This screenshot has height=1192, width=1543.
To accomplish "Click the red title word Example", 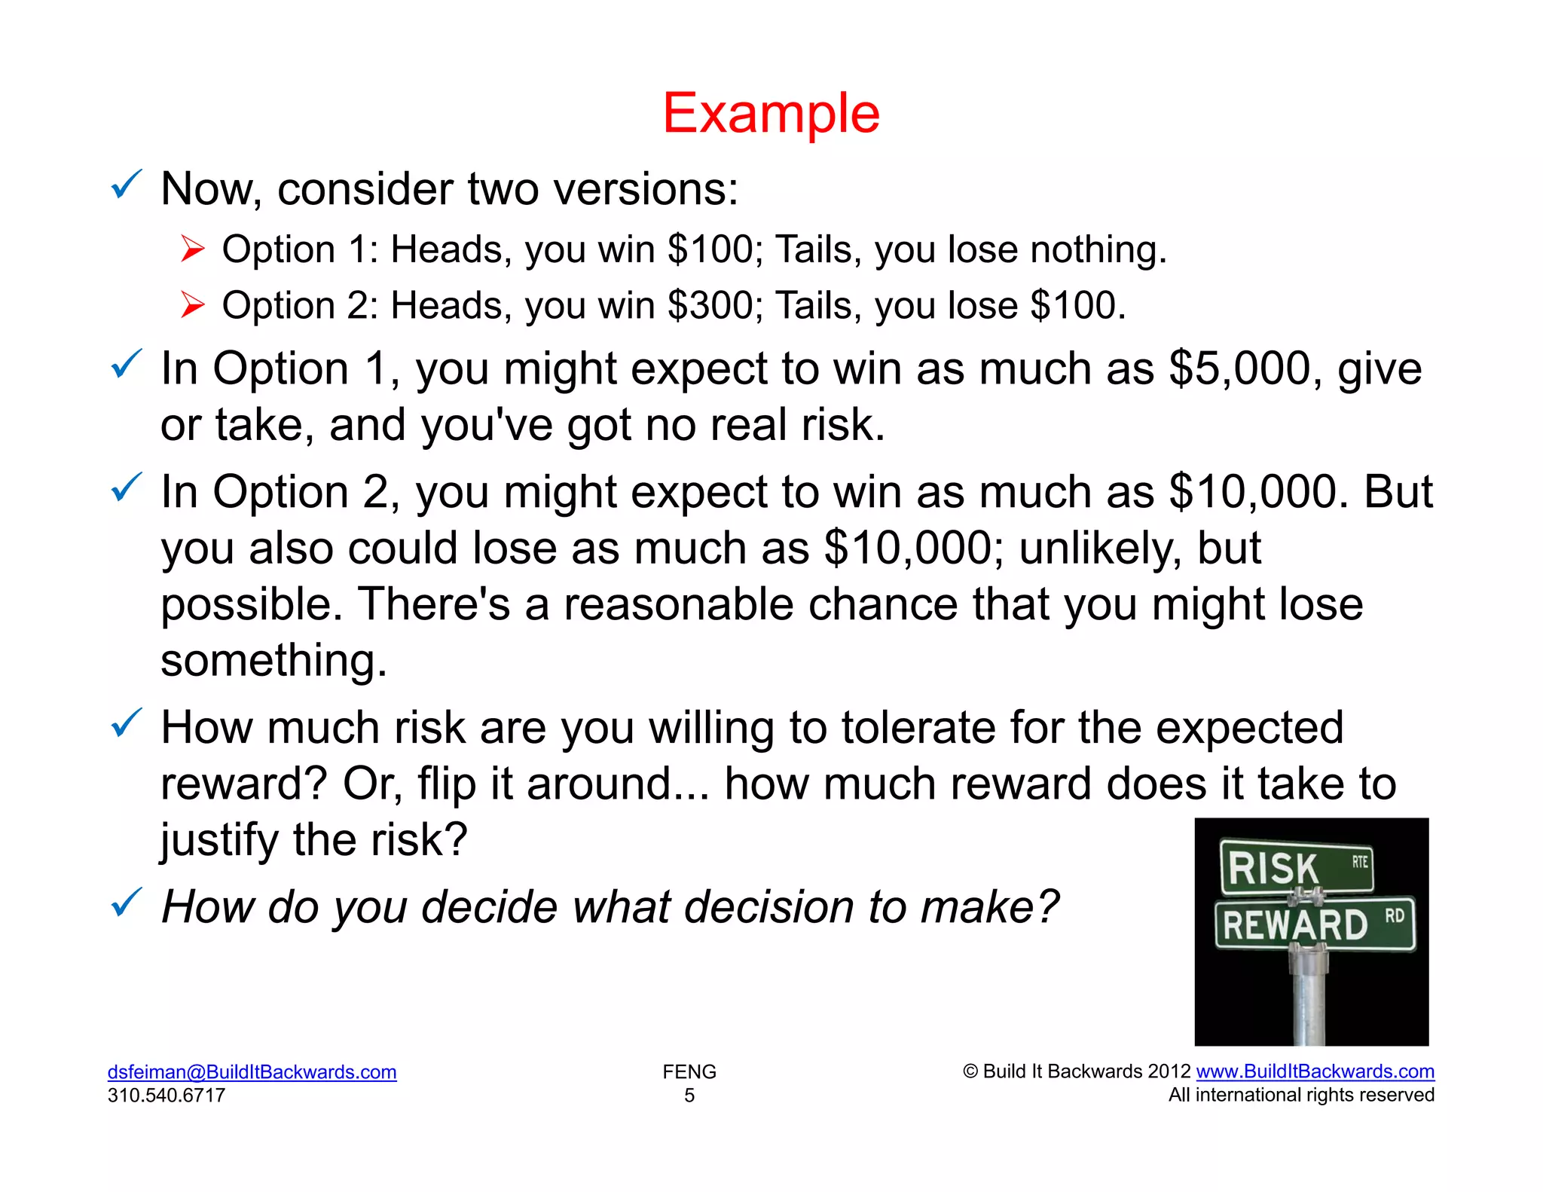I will (x=771, y=114).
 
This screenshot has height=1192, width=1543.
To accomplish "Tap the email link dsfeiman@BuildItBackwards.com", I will (x=252, y=1071).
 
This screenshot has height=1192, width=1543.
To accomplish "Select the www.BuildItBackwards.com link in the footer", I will (x=1315, y=1071).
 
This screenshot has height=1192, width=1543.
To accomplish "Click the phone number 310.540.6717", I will (x=167, y=1095).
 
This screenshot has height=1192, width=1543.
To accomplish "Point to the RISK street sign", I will (x=1296, y=868).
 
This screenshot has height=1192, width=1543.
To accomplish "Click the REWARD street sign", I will (x=1315, y=924).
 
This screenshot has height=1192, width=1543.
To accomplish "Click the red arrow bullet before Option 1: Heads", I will (x=193, y=249).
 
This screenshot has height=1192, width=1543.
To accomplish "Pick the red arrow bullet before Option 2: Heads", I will (x=193, y=305).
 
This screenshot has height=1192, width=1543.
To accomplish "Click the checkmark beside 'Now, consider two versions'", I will (x=126, y=185).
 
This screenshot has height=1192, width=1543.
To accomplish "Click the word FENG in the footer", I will (x=689, y=1071).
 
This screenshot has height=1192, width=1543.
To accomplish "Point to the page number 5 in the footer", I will (x=689, y=1095).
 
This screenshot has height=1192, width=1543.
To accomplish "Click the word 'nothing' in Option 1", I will (x=1098, y=250).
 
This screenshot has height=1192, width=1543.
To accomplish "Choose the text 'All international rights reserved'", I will (x=1301, y=1095).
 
